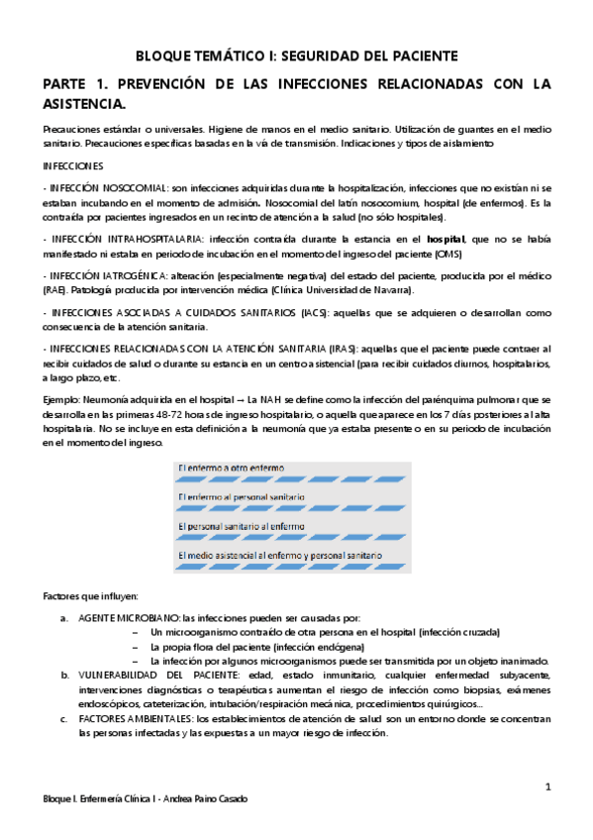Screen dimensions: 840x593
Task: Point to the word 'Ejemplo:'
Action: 62,398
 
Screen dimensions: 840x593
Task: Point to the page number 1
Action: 546,787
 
